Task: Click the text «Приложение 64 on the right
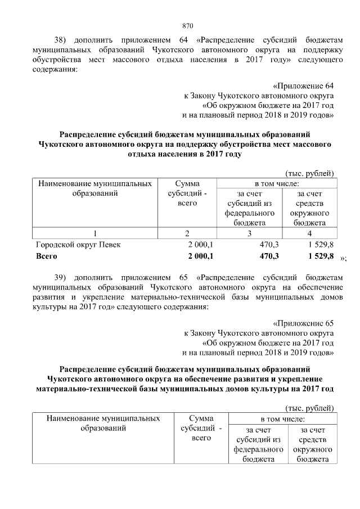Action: (303, 86)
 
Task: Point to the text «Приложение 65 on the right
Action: (303, 323)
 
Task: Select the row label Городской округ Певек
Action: (78, 245)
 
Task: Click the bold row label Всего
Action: (47, 256)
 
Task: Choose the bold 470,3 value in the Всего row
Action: (268, 256)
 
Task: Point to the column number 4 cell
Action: (309, 233)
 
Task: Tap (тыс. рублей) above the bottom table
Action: (310, 408)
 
